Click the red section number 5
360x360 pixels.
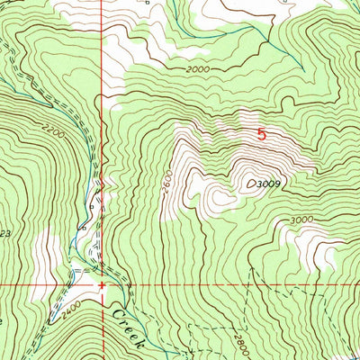(x=262, y=135)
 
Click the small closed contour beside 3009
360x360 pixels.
(x=249, y=183)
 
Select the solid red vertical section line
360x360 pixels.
(x=101, y=135)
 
